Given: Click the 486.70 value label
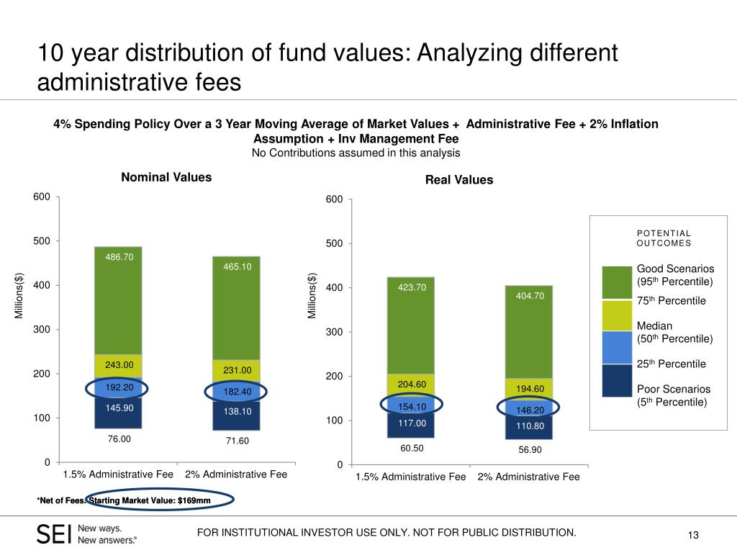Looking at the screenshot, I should [x=119, y=256].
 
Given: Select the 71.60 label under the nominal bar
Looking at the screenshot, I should [x=236, y=440].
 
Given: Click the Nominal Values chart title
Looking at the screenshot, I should [x=166, y=177].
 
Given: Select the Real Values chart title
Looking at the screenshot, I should [x=459, y=180].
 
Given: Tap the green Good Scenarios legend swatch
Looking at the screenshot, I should [x=616, y=282].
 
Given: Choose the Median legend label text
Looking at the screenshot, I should [x=654, y=326].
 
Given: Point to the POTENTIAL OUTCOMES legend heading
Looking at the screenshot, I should [x=664, y=238].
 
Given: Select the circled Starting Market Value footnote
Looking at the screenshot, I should [x=160, y=500].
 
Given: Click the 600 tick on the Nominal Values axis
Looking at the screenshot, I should [x=42, y=197].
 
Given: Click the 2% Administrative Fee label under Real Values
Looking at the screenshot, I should [x=528, y=477].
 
